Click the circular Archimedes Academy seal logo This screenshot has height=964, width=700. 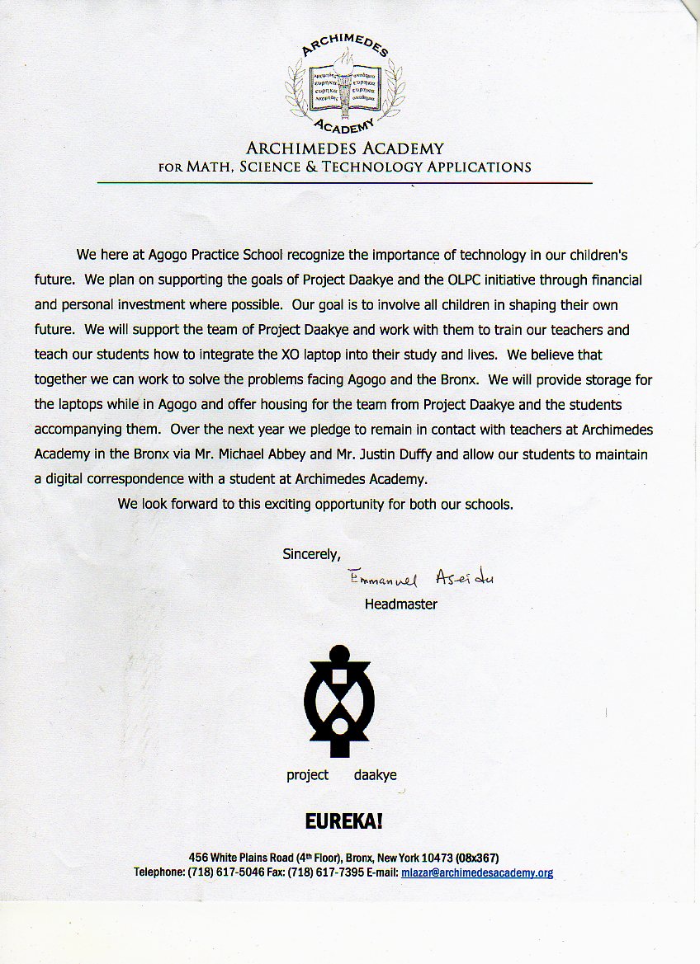(345, 86)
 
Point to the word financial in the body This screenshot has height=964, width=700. (612, 280)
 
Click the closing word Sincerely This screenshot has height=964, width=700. (311, 554)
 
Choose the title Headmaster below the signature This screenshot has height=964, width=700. (401, 604)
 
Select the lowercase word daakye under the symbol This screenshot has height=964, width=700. (376, 775)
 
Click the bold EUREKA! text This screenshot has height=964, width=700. (344, 821)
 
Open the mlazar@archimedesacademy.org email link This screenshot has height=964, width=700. (477, 872)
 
